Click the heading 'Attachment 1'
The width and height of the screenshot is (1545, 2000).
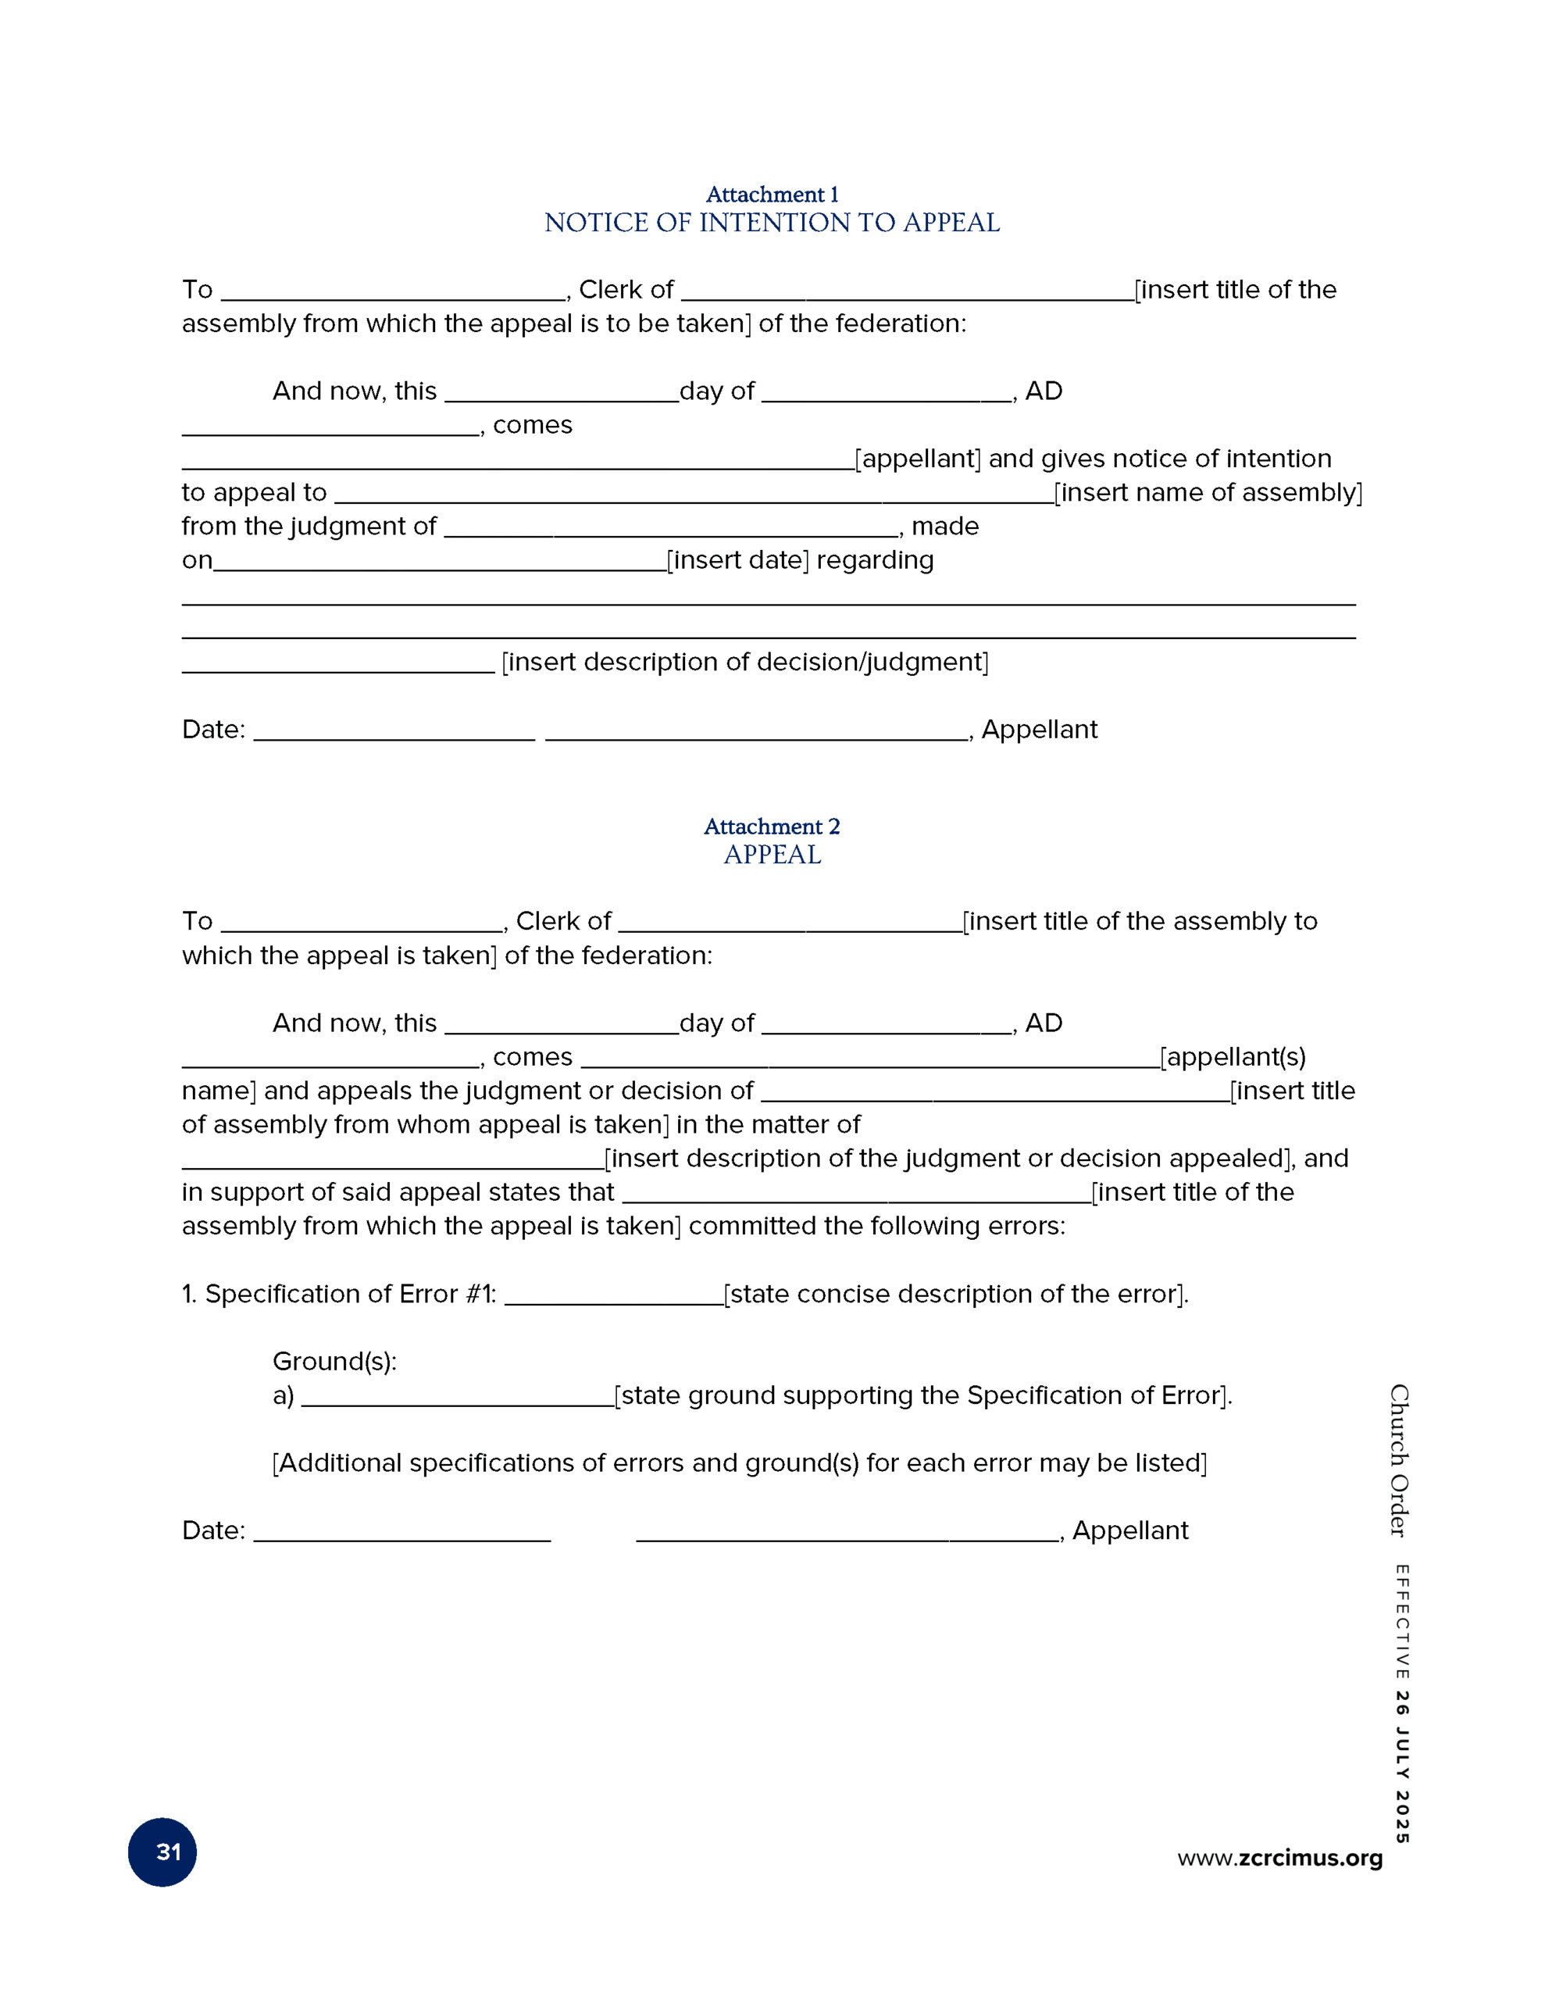click(x=771, y=194)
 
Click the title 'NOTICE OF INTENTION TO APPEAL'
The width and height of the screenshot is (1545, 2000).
click(x=771, y=223)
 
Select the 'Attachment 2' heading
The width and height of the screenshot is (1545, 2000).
click(x=771, y=826)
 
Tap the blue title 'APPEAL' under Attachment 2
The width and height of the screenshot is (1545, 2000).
click(x=771, y=855)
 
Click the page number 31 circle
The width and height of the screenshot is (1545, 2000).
click(x=162, y=1852)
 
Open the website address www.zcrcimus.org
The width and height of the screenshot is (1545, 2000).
click(x=1279, y=1857)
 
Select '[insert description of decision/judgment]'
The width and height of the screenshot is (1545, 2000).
click(x=744, y=661)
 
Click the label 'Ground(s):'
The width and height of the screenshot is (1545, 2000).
click(x=334, y=1361)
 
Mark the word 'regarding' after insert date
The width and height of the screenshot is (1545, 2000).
click(x=875, y=559)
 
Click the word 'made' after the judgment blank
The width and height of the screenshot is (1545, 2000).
click(x=945, y=527)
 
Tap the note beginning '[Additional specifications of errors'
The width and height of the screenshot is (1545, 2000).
click(x=739, y=1462)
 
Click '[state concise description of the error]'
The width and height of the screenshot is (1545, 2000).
click(x=955, y=1294)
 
